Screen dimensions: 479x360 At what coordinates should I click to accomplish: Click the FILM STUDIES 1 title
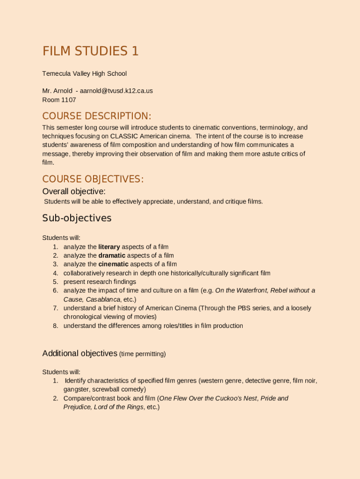90,51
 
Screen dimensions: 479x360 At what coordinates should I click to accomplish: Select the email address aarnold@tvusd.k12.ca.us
116,91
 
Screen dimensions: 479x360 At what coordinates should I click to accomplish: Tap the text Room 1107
59,100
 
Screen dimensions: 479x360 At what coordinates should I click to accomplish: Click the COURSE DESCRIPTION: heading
97,116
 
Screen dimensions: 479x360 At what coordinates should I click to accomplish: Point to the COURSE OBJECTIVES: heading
93,180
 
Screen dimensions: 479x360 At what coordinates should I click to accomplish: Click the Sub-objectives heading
77,218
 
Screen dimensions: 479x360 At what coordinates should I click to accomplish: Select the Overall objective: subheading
74,191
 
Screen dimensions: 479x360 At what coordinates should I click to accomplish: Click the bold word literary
109,247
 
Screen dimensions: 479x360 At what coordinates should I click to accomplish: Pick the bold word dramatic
112,255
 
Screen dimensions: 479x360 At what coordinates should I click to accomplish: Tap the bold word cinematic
113,264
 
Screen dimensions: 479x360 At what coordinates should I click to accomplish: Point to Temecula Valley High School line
84,73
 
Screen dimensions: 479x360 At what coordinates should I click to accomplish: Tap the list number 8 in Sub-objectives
55,326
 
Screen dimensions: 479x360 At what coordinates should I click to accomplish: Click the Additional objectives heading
79,354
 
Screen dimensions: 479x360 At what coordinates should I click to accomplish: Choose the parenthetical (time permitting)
143,354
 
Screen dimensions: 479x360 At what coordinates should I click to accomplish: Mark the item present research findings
100,282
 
